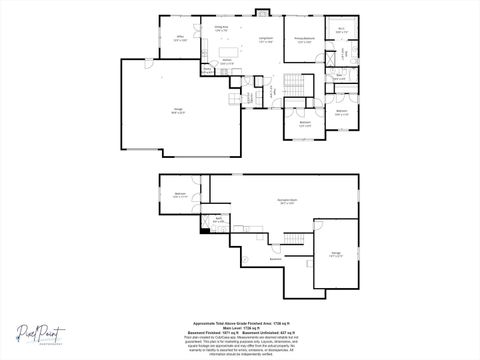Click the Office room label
[x=181, y=39]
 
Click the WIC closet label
[x=341, y=29]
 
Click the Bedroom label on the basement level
[x=180, y=194]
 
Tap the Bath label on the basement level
[x=219, y=218]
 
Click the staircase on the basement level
[x=292, y=238]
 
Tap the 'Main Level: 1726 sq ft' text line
[x=239, y=327]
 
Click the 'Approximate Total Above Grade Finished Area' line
[x=239, y=323]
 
